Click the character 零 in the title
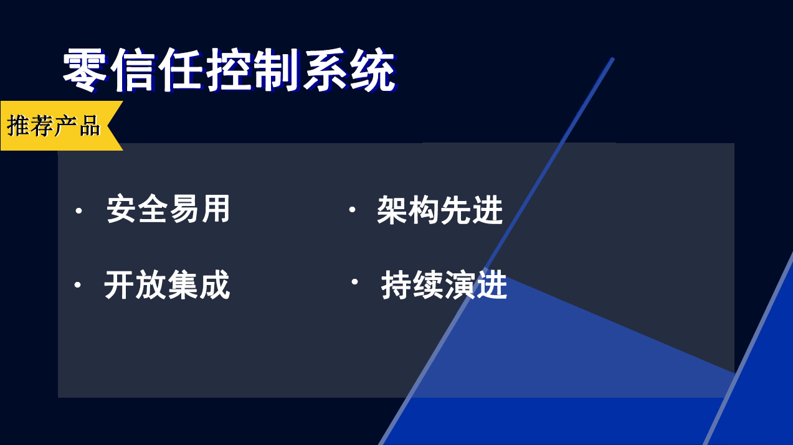point(85,70)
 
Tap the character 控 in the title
point(229,70)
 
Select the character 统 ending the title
point(373,70)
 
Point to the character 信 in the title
point(133,70)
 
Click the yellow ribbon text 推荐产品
point(54,126)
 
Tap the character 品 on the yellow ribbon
point(90,126)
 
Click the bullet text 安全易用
point(168,208)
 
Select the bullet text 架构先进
point(440,210)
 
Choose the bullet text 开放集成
point(167,285)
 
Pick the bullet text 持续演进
point(444,285)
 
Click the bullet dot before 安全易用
point(78,211)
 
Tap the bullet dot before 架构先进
point(352,210)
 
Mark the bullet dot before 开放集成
point(77,285)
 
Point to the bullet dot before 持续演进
point(354,282)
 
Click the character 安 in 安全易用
point(121,208)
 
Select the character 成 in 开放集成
point(215,285)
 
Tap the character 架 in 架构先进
point(392,210)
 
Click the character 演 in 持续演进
point(460,285)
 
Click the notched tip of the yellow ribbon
point(107,126)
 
